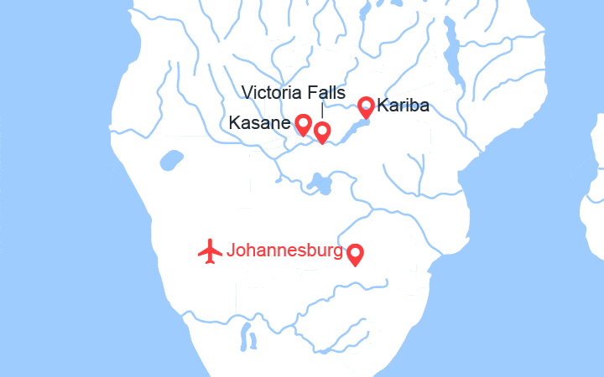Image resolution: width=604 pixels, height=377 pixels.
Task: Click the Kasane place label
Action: point(259,124)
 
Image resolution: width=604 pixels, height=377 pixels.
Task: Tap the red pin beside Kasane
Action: point(304,125)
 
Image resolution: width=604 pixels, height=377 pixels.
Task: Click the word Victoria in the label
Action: point(269,91)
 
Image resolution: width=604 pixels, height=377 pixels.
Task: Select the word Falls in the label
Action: point(323,91)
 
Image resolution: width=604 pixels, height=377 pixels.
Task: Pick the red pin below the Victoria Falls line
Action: point(321,132)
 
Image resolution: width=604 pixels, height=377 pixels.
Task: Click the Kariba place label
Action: point(404,106)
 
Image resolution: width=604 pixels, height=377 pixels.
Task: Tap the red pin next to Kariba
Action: point(366,106)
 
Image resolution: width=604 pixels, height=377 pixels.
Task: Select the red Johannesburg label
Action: point(285,250)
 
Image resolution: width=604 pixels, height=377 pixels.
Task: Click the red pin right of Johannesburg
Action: point(355,253)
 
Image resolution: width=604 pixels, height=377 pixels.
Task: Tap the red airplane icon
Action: point(210,250)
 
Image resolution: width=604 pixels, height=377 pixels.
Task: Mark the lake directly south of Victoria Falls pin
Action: point(319,181)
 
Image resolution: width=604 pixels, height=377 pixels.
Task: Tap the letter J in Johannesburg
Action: point(232,250)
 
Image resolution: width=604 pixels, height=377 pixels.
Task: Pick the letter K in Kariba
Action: point(383,106)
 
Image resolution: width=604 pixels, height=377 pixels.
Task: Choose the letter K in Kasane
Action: point(234,124)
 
